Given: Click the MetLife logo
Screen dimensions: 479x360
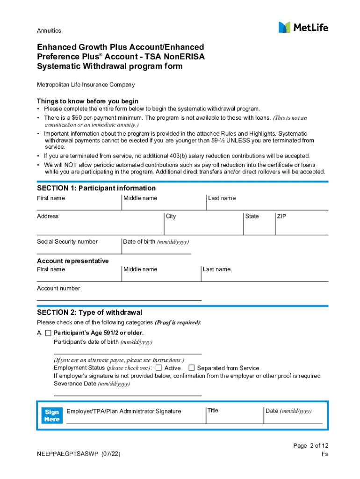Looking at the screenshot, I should pos(303,28).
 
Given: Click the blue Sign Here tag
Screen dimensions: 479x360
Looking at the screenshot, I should pos(52,415).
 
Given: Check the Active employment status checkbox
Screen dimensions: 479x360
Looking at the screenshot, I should pos(158,368).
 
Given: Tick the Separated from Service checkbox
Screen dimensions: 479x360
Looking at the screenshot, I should pos(191,368).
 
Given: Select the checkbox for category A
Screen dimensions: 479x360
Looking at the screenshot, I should pos(48,333).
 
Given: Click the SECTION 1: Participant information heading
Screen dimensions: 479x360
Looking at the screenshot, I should pos(96,188).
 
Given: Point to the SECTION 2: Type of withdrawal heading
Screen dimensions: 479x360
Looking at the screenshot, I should pos(89,312).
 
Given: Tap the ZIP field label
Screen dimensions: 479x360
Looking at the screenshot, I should pos(281,216).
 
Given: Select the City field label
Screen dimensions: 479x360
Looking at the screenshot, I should pos(171,216).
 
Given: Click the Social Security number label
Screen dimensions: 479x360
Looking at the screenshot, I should pos(67,241).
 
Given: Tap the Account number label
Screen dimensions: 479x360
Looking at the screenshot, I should pos(58,288).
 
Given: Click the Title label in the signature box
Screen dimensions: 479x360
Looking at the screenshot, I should pos(213,410).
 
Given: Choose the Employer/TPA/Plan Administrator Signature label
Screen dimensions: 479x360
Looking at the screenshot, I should pos(123,411).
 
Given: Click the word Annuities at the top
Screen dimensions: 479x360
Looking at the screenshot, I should pos(49,31).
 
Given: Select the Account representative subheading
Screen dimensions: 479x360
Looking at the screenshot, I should pos(72,261).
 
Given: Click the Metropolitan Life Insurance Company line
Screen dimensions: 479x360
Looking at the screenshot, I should pos(86,85).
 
